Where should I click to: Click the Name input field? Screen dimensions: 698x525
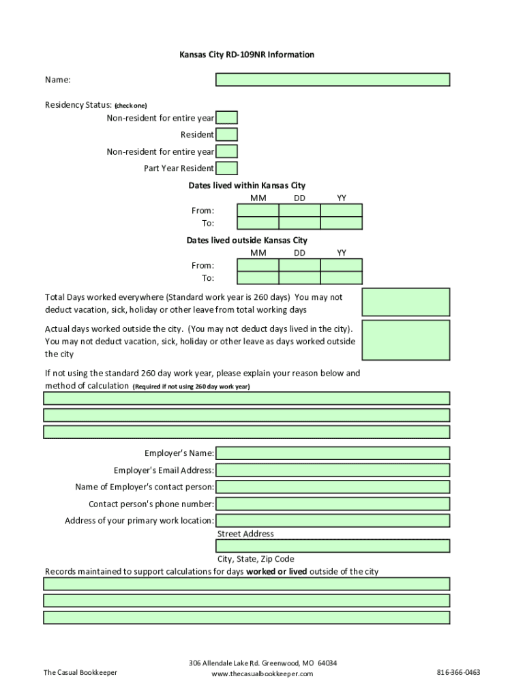(333, 80)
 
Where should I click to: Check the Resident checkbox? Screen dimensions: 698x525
(226, 135)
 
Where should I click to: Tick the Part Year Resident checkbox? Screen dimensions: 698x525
(226, 168)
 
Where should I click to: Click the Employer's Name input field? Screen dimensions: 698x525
(333, 453)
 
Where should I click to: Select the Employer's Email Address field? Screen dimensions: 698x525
(333, 470)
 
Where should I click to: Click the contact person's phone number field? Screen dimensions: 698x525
(333, 504)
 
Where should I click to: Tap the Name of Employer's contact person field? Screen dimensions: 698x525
(333, 487)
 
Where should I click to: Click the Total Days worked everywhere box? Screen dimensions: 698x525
(405, 302)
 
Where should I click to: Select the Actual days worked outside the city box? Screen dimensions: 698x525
(405, 339)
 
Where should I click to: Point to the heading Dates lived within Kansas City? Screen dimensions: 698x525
(247, 185)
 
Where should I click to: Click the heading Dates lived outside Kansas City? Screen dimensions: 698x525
(247, 240)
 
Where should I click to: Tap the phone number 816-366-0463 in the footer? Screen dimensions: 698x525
(458, 672)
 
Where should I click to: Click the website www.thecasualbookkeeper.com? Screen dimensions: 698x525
(262, 674)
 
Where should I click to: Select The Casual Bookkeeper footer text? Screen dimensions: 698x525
(80, 673)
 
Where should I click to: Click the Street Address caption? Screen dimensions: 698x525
(245, 534)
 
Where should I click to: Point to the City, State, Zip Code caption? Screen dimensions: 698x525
(256, 559)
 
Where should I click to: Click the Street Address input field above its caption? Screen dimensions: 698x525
(333, 521)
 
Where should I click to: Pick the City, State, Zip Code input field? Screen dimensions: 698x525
(333, 546)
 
